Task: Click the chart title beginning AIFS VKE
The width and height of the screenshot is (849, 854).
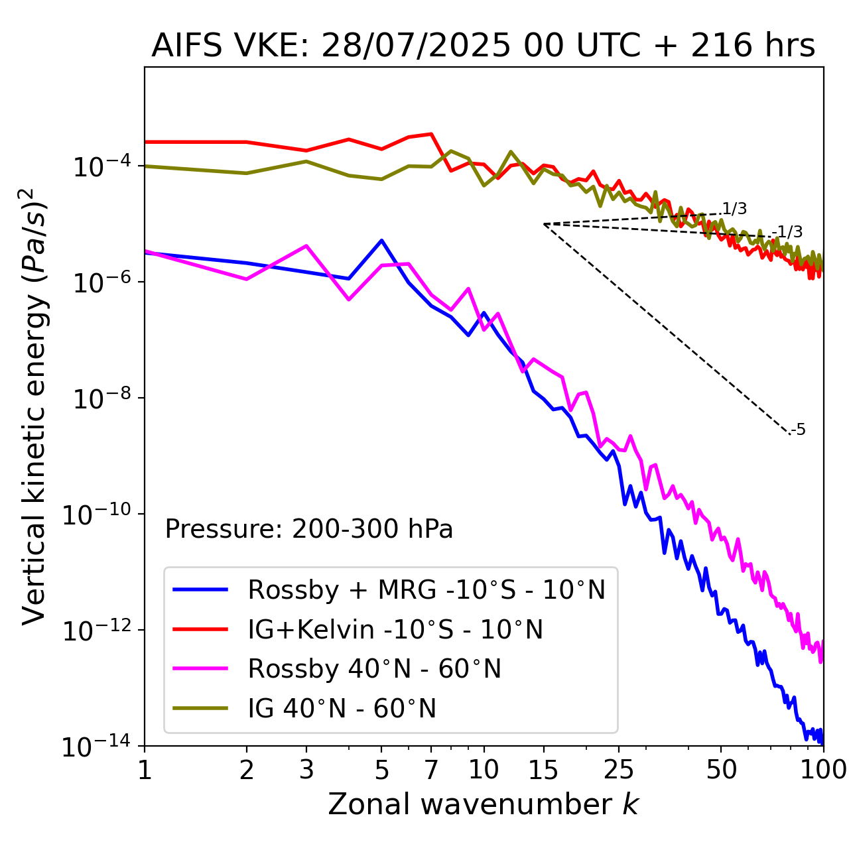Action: (483, 46)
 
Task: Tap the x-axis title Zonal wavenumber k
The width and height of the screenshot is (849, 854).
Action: (483, 804)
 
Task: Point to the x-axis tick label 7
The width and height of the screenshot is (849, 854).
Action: (431, 770)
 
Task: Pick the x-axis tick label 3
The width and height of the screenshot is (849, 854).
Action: (306, 770)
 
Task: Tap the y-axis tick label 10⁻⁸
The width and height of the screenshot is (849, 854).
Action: (99, 399)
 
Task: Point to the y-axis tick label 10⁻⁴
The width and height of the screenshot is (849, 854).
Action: (99, 167)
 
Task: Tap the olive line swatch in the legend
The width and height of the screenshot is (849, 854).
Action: (200, 708)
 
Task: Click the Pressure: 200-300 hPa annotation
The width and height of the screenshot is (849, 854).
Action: (309, 529)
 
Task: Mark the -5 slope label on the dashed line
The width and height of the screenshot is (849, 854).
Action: (798, 430)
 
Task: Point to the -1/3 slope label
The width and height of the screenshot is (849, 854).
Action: (789, 232)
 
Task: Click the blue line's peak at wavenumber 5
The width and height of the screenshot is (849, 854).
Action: (381, 240)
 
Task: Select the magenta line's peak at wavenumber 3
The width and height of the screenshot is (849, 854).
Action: (306, 246)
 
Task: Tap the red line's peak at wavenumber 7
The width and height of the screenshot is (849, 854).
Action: (431, 134)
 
